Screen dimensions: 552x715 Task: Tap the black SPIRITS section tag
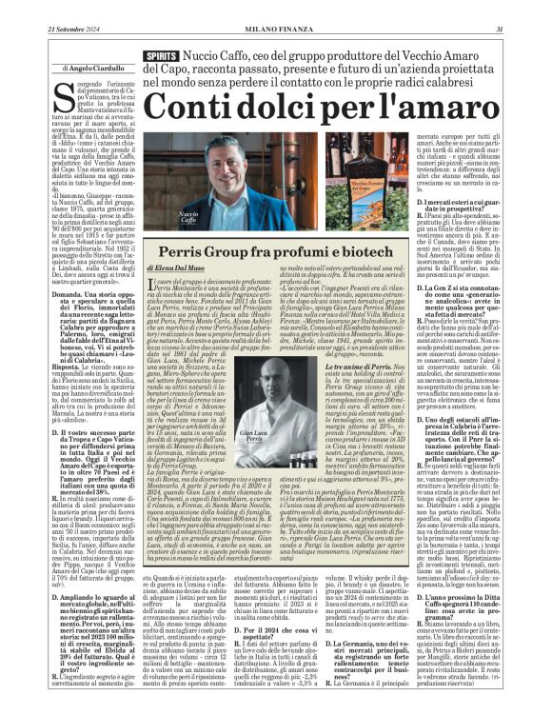tap(162, 57)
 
